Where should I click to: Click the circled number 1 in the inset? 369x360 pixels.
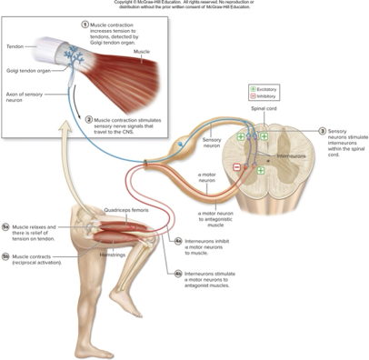pos(85,24)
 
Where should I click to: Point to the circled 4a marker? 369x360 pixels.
pos(178,241)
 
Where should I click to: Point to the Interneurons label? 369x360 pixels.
pos(289,155)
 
